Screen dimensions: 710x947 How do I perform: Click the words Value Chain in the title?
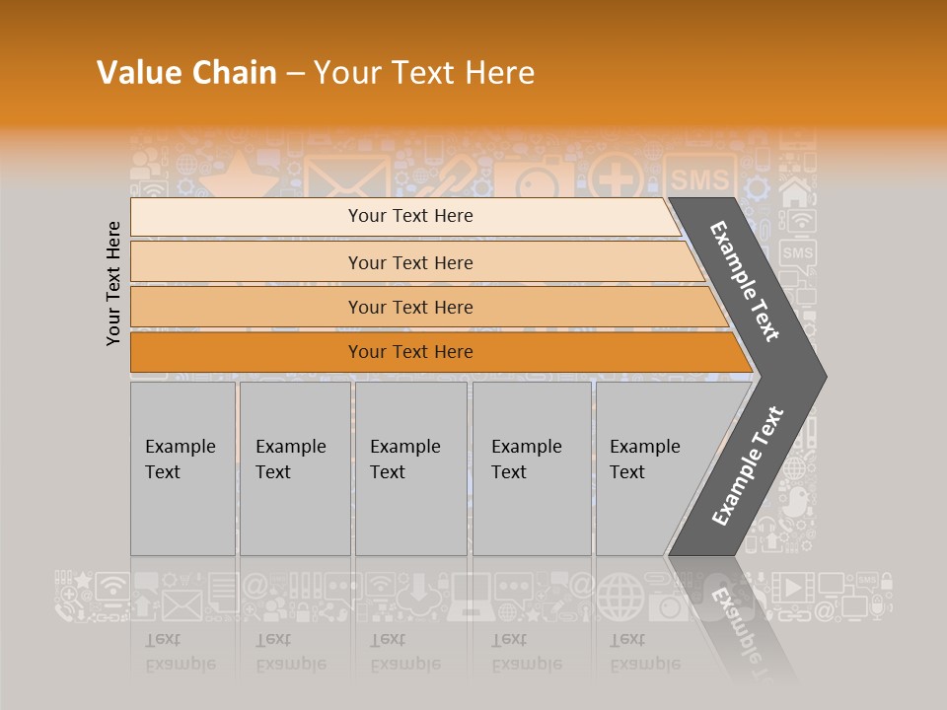(x=186, y=73)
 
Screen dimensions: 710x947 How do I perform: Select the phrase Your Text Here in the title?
(x=424, y=73)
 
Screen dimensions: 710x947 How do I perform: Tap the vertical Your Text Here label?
(x=113, y=283)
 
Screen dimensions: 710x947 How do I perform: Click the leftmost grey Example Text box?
(x=182, y=468)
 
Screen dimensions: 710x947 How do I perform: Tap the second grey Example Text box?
(x=294, y=468)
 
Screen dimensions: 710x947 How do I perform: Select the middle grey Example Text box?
(x=410, y=468)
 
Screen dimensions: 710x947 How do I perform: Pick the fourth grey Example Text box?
(x=531, y=468)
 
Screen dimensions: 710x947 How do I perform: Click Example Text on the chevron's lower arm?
(x=748, y=465)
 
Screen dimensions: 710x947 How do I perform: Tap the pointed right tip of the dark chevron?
(x=821, y=377)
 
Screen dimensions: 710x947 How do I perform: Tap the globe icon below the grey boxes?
(x=619, y=597)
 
